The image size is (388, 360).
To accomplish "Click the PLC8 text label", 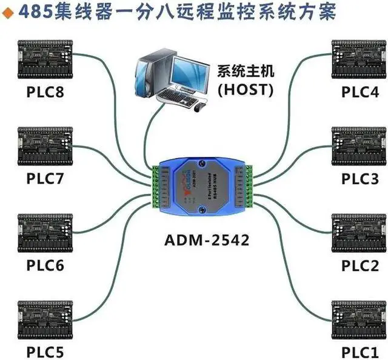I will pos(45,92).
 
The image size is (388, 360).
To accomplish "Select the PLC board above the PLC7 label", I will pos(45,145).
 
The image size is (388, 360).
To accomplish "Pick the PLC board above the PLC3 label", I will pos(360,145).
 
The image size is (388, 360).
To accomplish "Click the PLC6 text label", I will pos(45,265).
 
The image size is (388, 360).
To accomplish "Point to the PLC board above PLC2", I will pos(360,232).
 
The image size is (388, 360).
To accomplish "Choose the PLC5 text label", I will pos(45,352).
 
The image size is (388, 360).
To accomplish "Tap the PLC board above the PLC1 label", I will pos(360,318).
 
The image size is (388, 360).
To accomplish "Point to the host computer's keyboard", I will pos(176,97).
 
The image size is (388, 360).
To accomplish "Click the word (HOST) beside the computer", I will pos(246,89).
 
